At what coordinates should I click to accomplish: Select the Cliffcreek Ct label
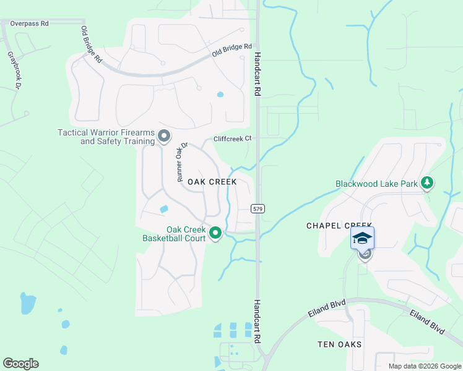point(233,139)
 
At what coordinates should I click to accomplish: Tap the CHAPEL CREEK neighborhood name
point(339,226)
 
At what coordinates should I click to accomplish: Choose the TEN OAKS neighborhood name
point(339,344)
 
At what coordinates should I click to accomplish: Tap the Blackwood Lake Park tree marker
point(426,183)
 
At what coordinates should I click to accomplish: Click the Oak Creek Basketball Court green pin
point(215,233)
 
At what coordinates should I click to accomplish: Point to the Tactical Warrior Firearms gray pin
point(164,135)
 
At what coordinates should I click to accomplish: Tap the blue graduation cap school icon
point(363,238)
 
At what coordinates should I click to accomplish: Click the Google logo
point(20,364)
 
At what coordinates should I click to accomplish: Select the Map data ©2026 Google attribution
point(424,366)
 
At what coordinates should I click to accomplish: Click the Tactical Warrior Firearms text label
point(106,137)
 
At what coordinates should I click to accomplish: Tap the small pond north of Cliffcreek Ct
point(220,95)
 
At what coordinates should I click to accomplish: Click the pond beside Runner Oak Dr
point(164,209)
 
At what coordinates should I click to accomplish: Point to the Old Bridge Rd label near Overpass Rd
point(91,45)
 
